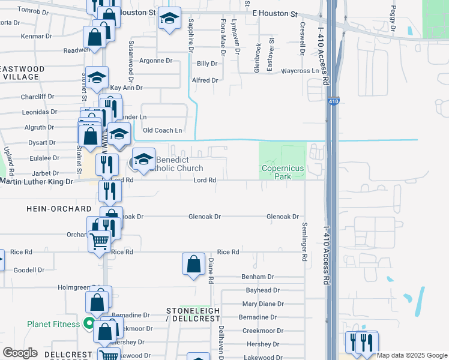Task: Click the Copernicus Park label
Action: click(283, 173)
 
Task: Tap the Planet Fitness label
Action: click(53, 324)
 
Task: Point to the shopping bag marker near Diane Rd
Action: click(193, 265)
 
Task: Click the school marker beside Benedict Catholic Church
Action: click(143, 159)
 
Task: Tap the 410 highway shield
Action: click(332, 103)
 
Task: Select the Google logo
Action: click(20, 353)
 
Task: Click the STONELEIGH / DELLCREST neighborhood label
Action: click(193, 314)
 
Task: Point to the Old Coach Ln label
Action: click(162, 130)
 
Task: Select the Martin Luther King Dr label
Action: click(37, 181)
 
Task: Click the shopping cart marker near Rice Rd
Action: click(100, 242)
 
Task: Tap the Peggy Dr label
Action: click(393, 20)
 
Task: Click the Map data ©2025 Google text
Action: click(412, 355)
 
